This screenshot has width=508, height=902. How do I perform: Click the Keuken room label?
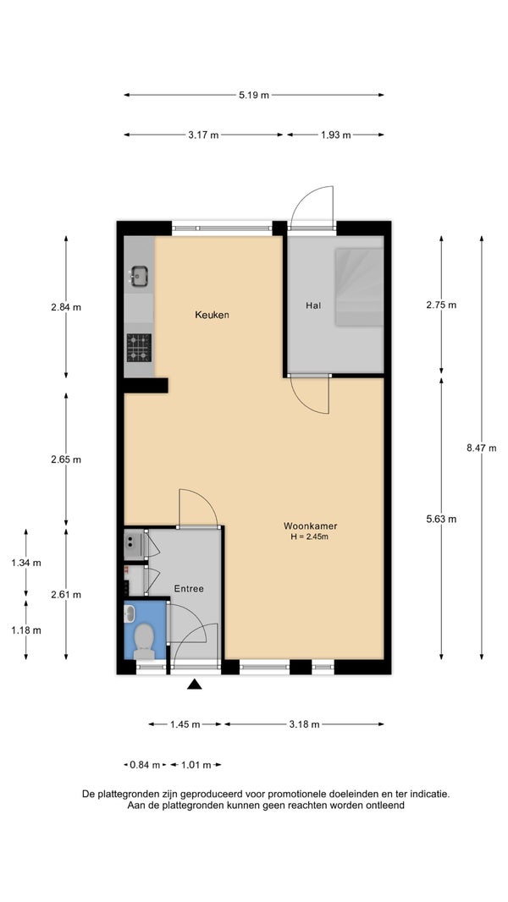[212, 315]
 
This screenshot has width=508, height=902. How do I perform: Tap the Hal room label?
[313, 305]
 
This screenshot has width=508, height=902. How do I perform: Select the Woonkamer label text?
[310, 525]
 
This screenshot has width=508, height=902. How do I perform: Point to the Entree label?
[189, 588]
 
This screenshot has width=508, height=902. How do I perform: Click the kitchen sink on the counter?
[139, 276]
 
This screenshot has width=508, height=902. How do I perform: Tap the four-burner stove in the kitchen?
[139, 348]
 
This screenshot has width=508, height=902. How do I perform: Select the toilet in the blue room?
[144, 641]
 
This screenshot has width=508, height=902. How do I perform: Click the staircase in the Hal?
[359, 287]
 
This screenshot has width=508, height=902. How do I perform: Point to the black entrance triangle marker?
[195, 684]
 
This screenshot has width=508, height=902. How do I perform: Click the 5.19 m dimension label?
[254, 95]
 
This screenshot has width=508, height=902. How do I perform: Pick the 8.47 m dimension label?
[482, 448]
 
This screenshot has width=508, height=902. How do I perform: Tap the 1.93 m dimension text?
[336, 135]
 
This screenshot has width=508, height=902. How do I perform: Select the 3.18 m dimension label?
[304, 724]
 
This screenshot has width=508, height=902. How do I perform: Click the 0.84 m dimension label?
[146, 765]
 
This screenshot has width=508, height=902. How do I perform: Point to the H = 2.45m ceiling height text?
[310, 536]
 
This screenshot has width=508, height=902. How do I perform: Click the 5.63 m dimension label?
[441, 519]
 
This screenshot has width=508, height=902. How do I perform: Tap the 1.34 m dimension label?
[26, 563]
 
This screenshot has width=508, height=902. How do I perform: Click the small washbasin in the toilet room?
[130, 614]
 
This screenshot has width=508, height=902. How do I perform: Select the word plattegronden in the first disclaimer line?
[129, 794]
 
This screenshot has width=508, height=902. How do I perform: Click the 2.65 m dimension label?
[65, 459]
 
